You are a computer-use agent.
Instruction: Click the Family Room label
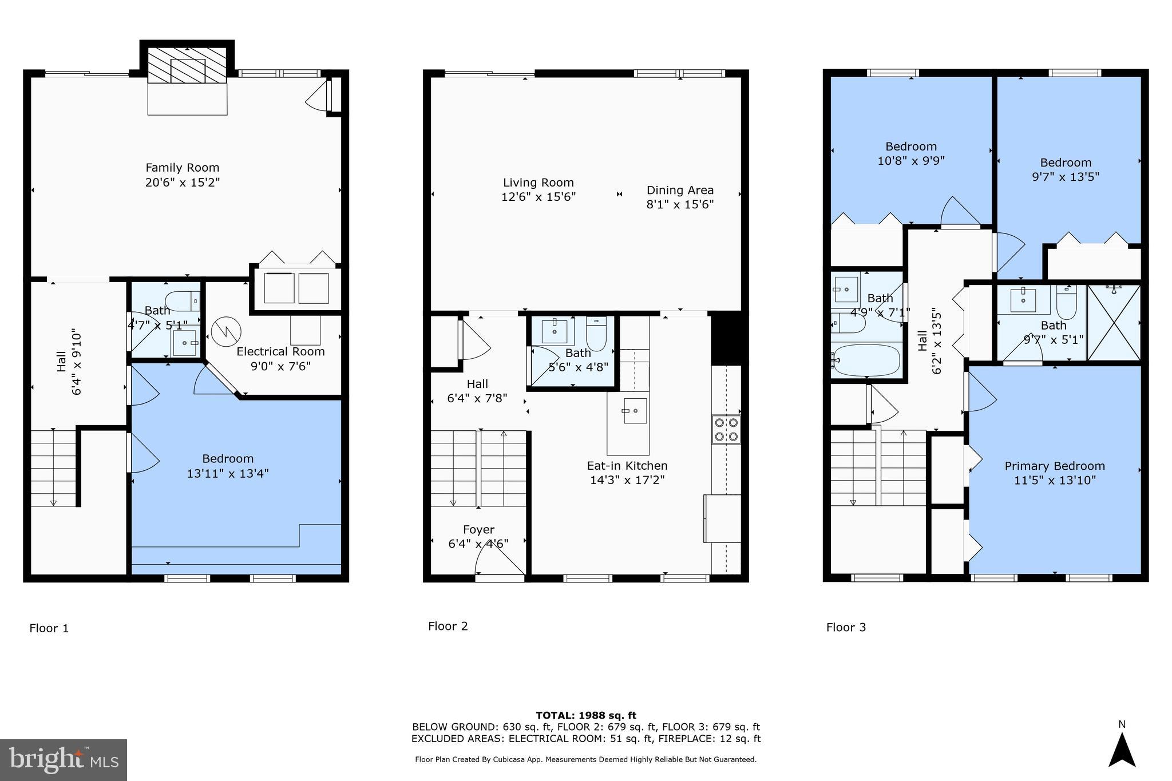[x=182, y=168]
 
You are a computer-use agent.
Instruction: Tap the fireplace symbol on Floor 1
[x=187, y=65]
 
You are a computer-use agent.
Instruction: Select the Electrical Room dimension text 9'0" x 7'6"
[x=280, y=366]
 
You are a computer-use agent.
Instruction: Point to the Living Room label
[x=538, y=183]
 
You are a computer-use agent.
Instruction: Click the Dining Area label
[x=680, y=190]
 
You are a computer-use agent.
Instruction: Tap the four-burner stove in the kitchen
[x=726, y=429]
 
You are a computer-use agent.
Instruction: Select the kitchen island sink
[x=635, y=410]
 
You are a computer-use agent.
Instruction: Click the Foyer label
[x=478, y=529]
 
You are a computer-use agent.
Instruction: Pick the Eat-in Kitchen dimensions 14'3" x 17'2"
[x=627, y=480]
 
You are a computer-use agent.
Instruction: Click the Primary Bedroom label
[x=1054, y=466]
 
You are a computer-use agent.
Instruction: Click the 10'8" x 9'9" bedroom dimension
[x=910, y=161]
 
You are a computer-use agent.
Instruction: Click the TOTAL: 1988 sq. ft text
[x=585, y=715]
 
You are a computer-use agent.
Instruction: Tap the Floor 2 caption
[x=448, y=626]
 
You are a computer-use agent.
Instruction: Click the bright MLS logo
[x=64, y=760]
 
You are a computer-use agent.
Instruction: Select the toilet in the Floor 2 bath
[x=596, y=334]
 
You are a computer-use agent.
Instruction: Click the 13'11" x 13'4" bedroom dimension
[x=228, y=473]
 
